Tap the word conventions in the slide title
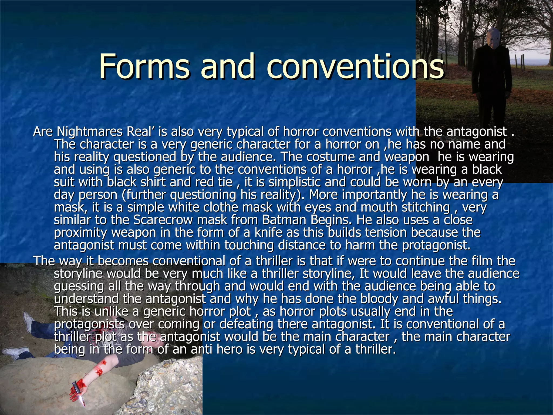[355, 66]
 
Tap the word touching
[249, 245]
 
